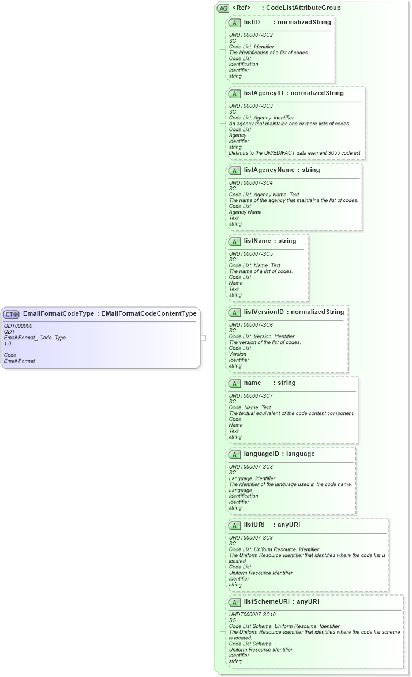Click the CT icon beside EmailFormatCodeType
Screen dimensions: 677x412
(x=12, y=314)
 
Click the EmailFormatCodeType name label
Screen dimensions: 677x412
(x=58, y=314)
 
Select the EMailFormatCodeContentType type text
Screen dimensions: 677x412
(x=148, y=314)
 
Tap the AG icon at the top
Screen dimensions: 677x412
(x=223, y=8)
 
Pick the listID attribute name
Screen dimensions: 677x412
(x=252, y=23)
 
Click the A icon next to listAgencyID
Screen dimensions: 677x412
(x=235, y=93)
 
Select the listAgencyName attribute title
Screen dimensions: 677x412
(x=269, y=170)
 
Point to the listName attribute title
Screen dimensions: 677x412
(x=259, y=241)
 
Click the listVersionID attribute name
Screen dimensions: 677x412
(x=264, y=312)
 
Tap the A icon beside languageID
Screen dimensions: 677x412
(x=235, y=454)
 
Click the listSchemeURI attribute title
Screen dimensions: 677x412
(x=266, y=602)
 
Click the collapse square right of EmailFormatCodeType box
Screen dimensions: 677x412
(x=203, y=338)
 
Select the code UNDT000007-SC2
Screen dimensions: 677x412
(x=251, y=35)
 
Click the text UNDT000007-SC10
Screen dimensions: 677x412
(x=252, y=615)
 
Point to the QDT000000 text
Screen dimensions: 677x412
(x=18, y=326)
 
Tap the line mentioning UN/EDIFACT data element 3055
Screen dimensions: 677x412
(x=295, y=153)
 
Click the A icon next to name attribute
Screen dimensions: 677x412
(x=235, y=383)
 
